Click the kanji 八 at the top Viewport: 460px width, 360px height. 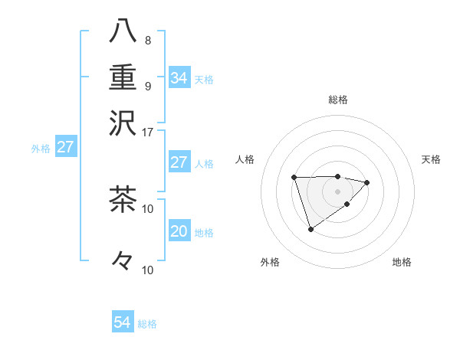tap(123, 32)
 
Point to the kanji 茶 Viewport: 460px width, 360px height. tap(123, 199)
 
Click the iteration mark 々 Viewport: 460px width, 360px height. tap(123, 260)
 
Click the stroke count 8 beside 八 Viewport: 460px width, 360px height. tap(148, 41)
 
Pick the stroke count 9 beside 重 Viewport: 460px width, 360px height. tap(148, 85)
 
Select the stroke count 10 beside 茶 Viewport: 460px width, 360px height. tap(148, 208)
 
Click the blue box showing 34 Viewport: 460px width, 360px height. tap(179, 77)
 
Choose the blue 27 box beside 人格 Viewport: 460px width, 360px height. tap(179, 162)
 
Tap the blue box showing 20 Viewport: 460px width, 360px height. tap(179, 231)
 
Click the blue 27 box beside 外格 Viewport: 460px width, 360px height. tap(65, 147)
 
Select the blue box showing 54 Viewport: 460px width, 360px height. tap(122, 322)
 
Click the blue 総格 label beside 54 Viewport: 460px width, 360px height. tap(147, 324)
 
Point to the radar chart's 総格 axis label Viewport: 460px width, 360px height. tap(337, 100)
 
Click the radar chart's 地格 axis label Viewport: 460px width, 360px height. tap(402, 262)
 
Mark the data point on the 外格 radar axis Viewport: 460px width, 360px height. tap(310, 229)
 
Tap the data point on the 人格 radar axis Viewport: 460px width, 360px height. tap(294, 178)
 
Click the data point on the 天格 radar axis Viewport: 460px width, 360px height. tap(367, 182)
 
